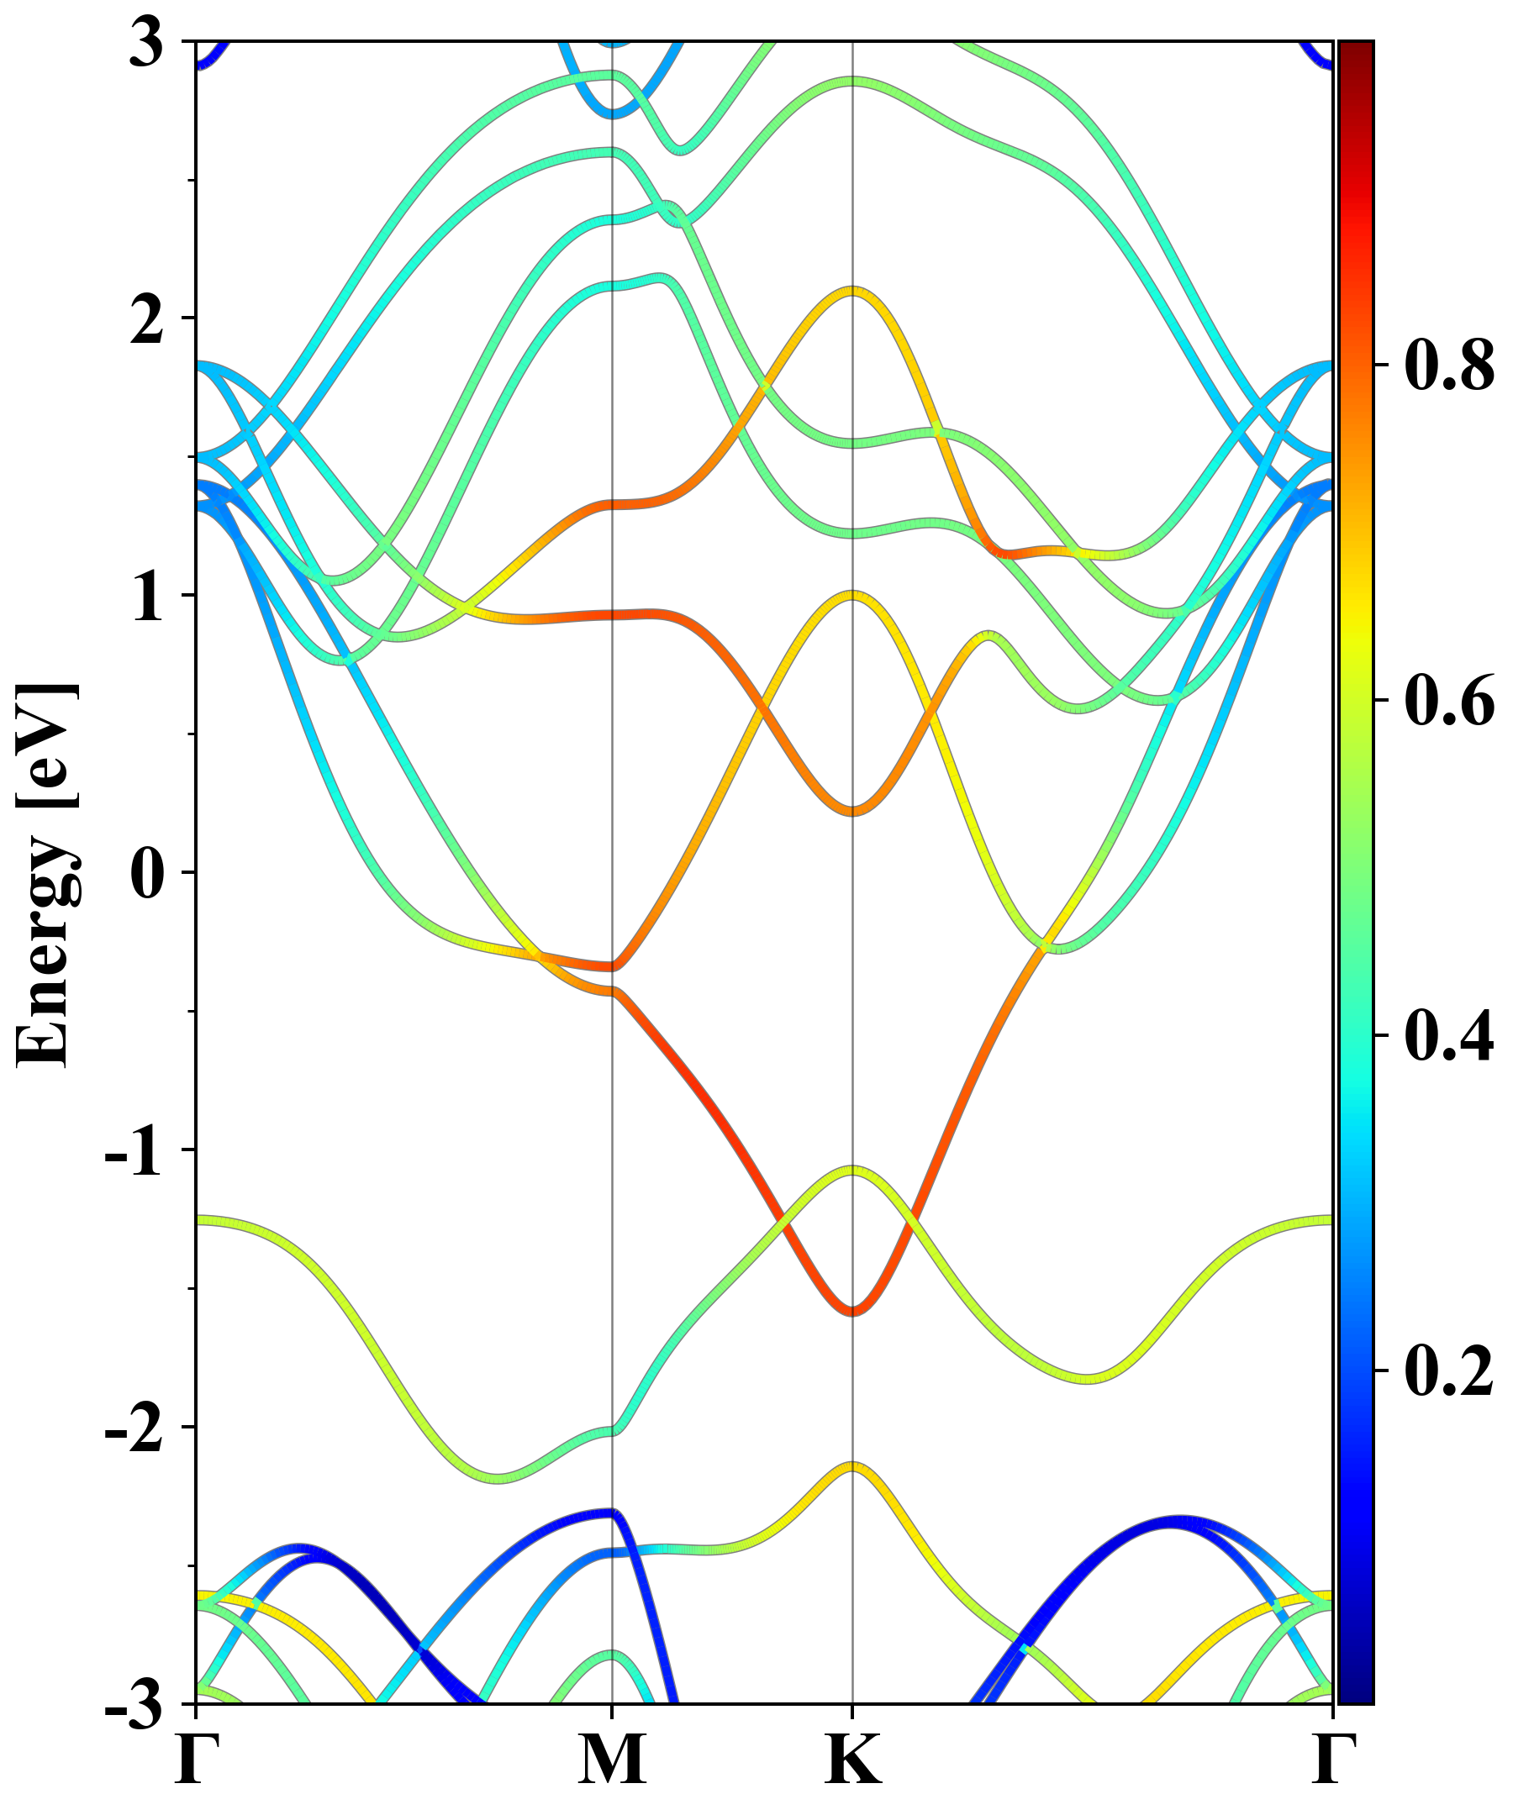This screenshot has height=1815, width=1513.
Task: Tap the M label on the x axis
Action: [x=612, y=1759]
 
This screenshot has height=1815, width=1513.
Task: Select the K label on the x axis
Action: [x=853, y=1759]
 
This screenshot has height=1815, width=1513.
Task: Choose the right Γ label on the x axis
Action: [x=1332, y=1759]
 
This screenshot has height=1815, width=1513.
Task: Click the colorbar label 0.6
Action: [x=1449, y=699]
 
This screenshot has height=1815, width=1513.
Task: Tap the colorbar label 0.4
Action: [x=1449, y=1034]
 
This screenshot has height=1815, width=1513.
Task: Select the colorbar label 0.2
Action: [x=1449, y=1370]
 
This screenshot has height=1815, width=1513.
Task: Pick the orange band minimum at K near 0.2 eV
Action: [x=853, y=811]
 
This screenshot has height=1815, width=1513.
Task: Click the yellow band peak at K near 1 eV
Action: [x=853, y=595]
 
